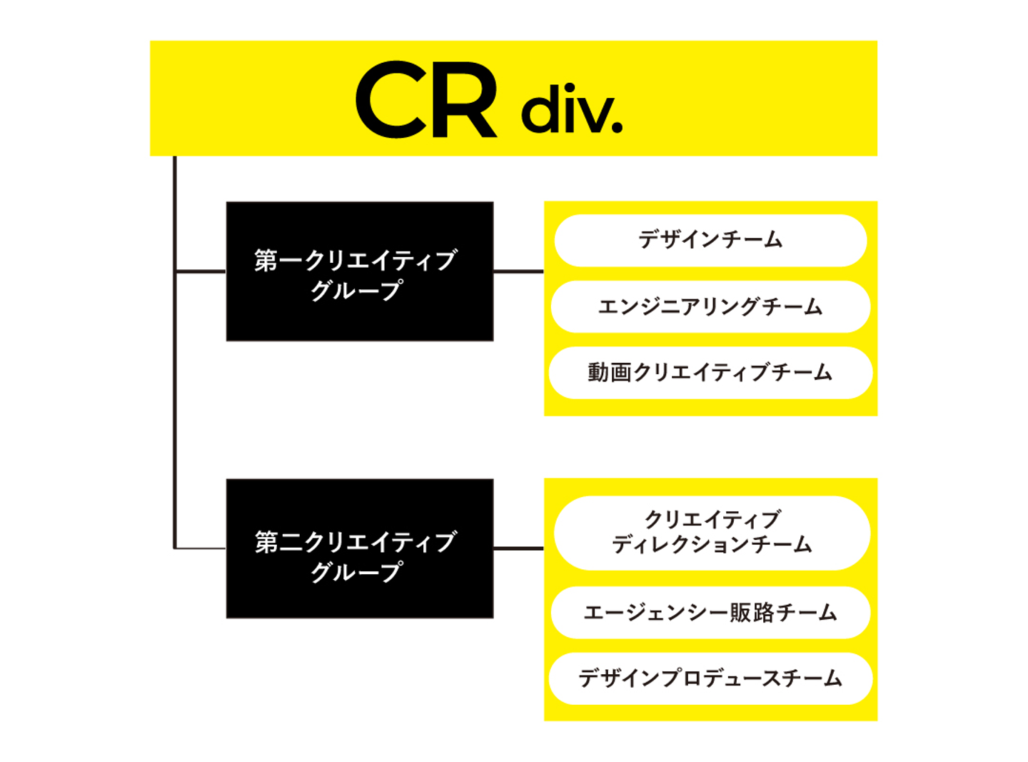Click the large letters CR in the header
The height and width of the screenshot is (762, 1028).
426,100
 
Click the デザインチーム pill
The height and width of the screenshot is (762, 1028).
710,240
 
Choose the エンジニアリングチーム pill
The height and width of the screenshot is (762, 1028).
710,306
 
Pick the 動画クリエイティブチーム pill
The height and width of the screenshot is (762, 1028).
710,372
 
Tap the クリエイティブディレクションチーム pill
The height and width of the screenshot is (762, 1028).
712,532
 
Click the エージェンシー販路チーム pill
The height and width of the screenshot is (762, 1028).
710,612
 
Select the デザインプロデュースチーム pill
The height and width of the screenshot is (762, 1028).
710,678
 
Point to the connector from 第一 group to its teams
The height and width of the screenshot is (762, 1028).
518,271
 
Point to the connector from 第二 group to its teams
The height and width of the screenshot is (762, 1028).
518,548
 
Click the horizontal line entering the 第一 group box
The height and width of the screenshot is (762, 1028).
201,271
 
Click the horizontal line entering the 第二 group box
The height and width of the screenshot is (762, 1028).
201,548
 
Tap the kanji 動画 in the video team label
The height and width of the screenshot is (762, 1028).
610,373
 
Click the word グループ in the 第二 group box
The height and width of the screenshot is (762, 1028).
356,572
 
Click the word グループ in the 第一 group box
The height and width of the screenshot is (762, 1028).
356,291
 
